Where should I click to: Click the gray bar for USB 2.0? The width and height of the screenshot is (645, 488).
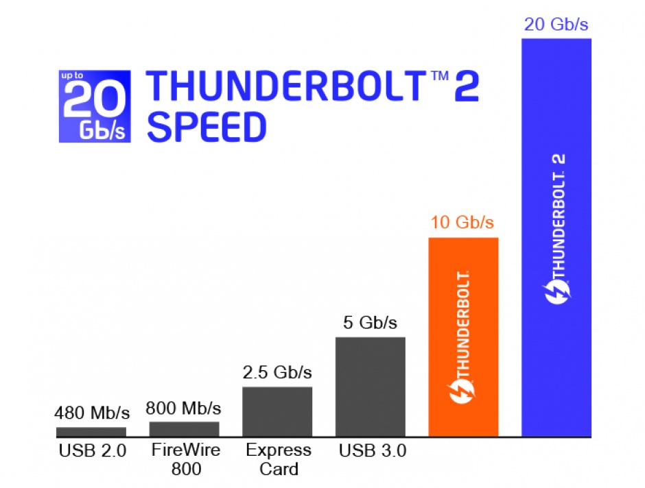pos(91,432)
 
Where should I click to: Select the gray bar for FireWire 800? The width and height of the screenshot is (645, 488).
pos(184,429)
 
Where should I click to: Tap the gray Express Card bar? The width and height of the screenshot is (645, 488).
pos(277,411)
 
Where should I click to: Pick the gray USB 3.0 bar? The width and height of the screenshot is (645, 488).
pos(371,387)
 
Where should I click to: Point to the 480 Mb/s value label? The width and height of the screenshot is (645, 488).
pos(92,413)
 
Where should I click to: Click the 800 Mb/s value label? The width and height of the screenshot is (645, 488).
pos(184,409)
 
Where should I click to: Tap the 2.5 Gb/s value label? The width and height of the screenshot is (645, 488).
pos(277,374)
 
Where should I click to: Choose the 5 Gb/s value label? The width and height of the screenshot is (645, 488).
pos(370,323)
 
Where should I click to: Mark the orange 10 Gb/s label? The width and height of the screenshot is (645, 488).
pos(462,223)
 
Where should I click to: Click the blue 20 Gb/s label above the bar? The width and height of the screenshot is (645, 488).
pos(556,25)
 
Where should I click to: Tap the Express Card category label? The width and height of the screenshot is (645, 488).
pos(277,460)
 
